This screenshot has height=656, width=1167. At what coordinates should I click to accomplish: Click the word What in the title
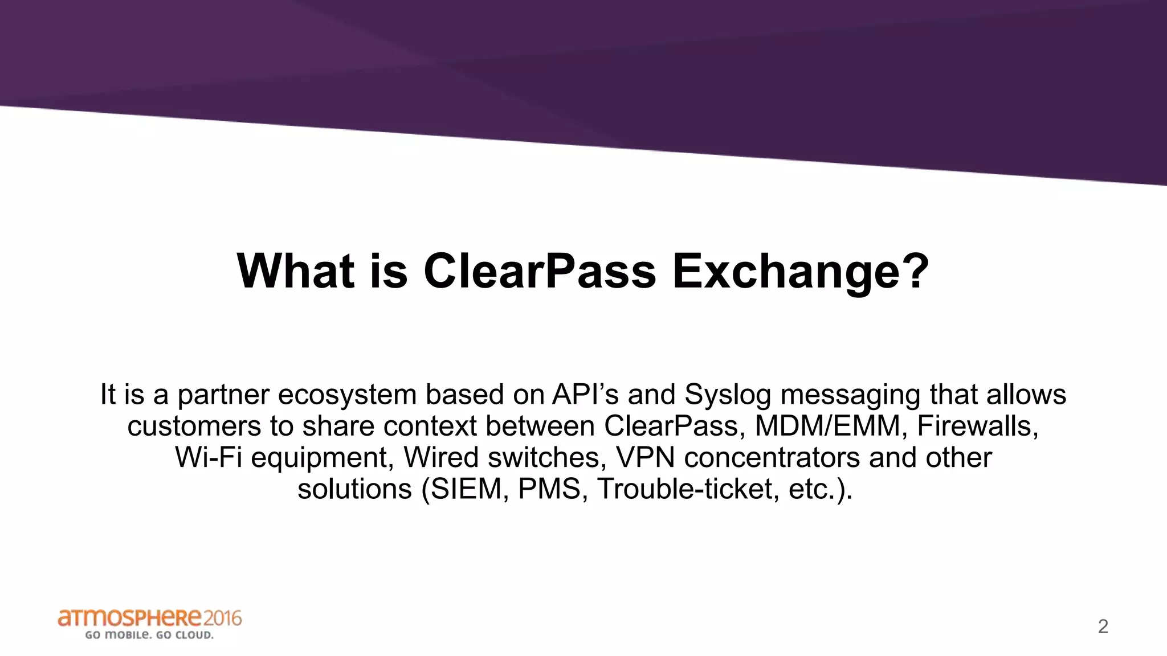coord(296,271)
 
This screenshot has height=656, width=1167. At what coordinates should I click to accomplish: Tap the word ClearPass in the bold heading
coord(540,271)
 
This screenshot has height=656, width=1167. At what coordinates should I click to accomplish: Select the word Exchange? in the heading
coord(801,271)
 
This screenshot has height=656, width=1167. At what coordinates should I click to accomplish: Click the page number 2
coord(1103,626)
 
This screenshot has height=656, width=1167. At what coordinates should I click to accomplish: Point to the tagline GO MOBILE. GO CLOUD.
coord(149,635)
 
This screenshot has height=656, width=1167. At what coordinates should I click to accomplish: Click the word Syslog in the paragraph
coord(727,395)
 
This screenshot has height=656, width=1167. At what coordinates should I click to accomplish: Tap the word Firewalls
coord(978,426)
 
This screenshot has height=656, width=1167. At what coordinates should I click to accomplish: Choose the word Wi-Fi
coord(209,457)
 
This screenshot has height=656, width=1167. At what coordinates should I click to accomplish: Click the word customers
coord(194,426)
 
